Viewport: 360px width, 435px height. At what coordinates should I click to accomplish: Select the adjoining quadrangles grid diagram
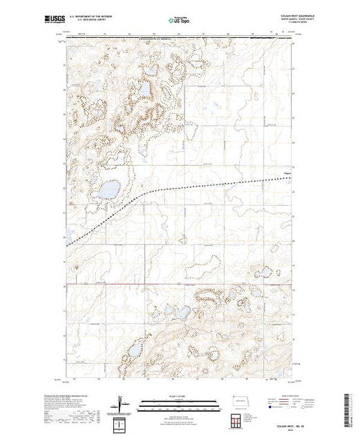point(237,420)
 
